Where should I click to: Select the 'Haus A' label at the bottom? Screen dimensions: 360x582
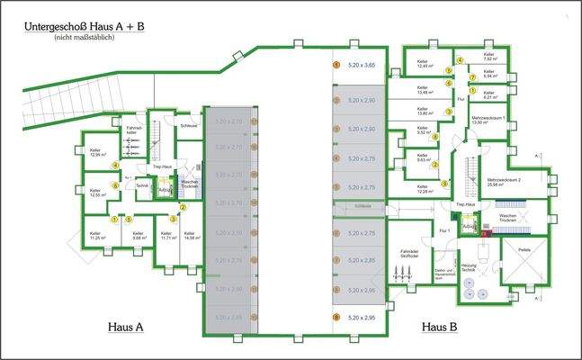tap(125, 328)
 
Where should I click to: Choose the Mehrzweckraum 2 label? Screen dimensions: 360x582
tap(516, 181)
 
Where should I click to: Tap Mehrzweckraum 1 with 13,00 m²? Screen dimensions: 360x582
tap(489, 120)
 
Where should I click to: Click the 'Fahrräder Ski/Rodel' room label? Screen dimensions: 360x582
tap(409, 255)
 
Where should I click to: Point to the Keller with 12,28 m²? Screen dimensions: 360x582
tap(421, 190)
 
